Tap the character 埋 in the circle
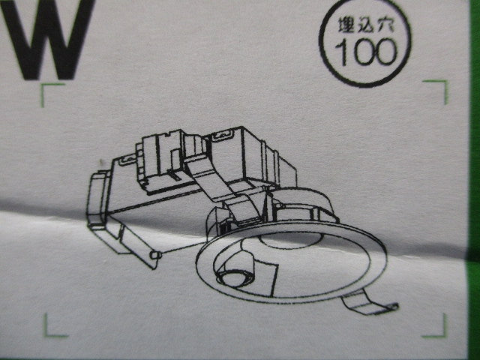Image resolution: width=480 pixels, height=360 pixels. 346,25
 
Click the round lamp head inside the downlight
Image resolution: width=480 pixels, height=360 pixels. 236,269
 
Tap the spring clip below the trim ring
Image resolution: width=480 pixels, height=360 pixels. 369,303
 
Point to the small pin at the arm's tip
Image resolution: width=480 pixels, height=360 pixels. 155,255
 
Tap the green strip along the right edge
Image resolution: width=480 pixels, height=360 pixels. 474,180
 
